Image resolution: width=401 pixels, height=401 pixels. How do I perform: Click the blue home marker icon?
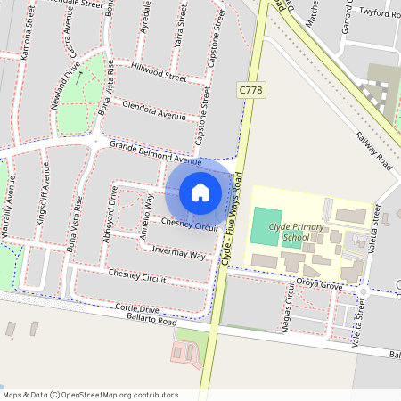pyautogui.click(x=200, y=192)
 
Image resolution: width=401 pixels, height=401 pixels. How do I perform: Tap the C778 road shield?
pyautogui.click(x=250, y=90)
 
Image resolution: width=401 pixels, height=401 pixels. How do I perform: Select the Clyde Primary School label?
pyautogui.click(x=295, y=233)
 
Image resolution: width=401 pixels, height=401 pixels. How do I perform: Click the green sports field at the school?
pyautogui.click(x=263, y=226)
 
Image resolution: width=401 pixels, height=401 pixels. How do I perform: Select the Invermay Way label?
pyautogui.click(x=178, y=253)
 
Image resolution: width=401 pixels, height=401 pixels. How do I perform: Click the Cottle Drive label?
pyautogui.click(x=137, y=308)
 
